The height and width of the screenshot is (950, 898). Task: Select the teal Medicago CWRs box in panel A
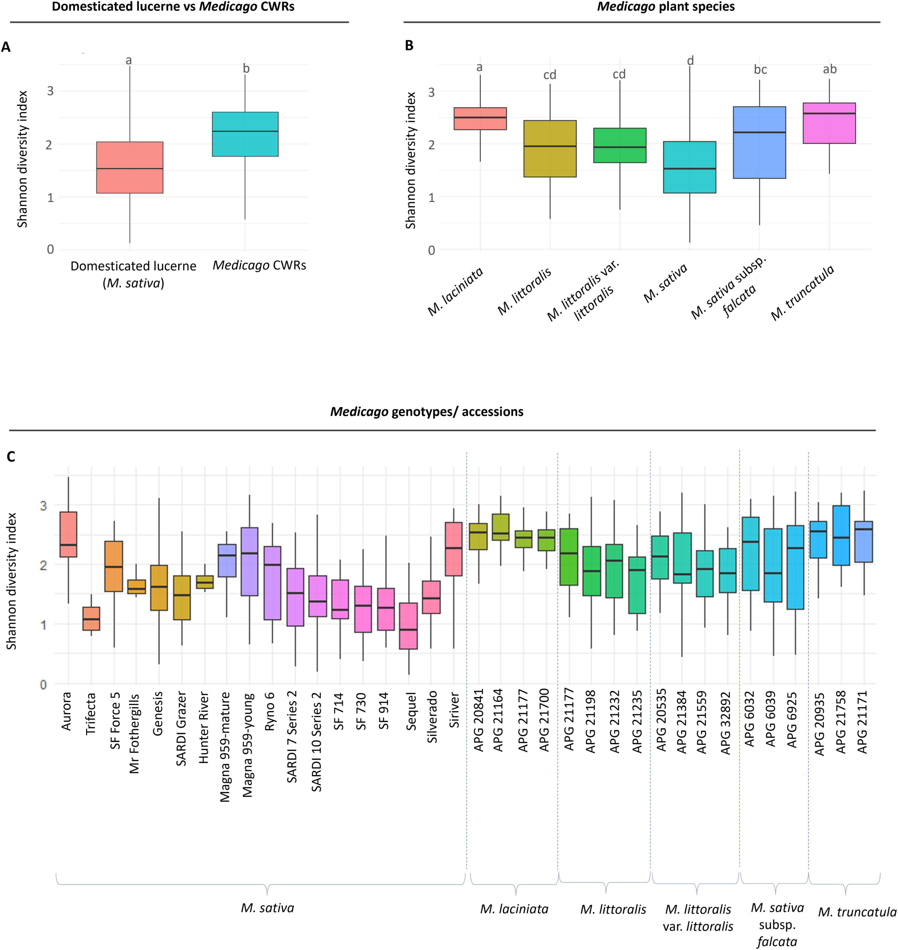(245, 134)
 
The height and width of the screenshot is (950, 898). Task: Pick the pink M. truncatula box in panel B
(829, 123)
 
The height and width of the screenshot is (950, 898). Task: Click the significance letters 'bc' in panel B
(760, 70)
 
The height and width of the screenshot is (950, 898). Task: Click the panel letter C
(10, 457)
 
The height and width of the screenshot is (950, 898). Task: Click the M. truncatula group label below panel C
(857, 912)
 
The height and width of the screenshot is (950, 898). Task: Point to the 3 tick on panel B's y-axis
(431, 92)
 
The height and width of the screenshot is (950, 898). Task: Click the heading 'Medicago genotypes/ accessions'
(426, 412)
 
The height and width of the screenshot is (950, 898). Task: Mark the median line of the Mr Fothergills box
(136, 589)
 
